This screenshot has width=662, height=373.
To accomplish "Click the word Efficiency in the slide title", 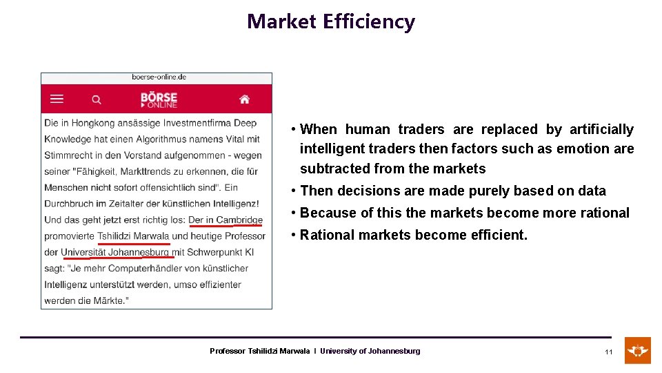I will pyautogui.click(x=370, y=21).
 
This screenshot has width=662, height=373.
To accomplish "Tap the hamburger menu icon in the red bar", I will pyautogui.click(x=57, y=99).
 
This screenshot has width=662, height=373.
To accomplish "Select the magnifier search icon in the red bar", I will pyautogui.click(x=97, y=99).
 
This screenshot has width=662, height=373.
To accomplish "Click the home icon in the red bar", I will pyautogui.click(x=244, y=99).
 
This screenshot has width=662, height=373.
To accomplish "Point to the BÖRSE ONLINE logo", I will pyautogui.click(x=159, y=99).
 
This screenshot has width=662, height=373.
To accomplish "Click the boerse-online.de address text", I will pyautogui.click(x=159, y=77).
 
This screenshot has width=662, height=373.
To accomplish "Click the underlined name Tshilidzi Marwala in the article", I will pyautogui.click(x=133, y=236).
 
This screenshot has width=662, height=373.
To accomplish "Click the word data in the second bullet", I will pyautogui.click(x=592, y=191).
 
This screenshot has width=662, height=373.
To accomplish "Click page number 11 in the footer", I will pyautogui.click(x=609, y=352).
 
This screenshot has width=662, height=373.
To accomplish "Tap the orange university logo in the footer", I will pyautogui.click(x=637, y=350).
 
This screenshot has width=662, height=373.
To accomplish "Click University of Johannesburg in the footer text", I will pyautogui.click(x=370, y=351).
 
